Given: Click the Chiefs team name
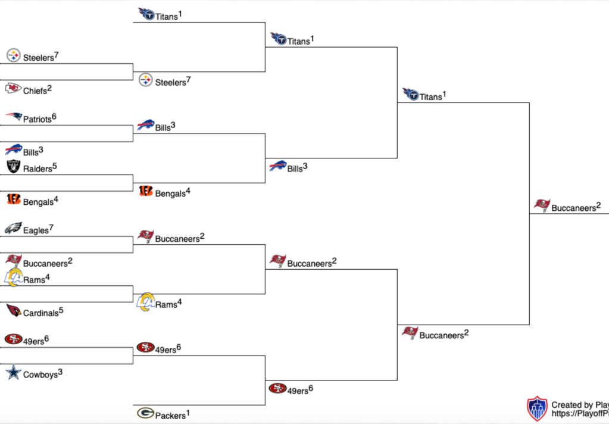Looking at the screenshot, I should coord(35,91).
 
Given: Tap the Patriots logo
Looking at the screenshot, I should coord(14,117).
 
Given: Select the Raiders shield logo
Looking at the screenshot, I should coord(13,167).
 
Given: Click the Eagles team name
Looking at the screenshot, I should coord(36,230).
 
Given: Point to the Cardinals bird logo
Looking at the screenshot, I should coord(13,311).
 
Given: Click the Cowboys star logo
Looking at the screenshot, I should coord(13,373).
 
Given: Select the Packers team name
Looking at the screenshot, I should coord(170,415).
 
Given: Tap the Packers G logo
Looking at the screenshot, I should coord(145,413).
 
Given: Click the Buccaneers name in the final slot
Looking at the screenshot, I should coord(573,208).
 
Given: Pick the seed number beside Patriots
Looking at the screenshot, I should coord(54,116).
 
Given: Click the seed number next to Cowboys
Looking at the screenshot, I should coord(60,372).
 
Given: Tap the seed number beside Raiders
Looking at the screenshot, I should coord(54,166).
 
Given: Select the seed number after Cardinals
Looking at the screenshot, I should coord(61,310).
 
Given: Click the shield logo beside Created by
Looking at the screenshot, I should coord(537,409).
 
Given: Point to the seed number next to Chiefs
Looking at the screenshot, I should coord(49,88).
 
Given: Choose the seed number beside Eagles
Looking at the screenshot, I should coord(51,227).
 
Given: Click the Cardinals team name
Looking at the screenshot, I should coord(40,313).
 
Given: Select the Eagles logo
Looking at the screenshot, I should coord(13,228).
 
